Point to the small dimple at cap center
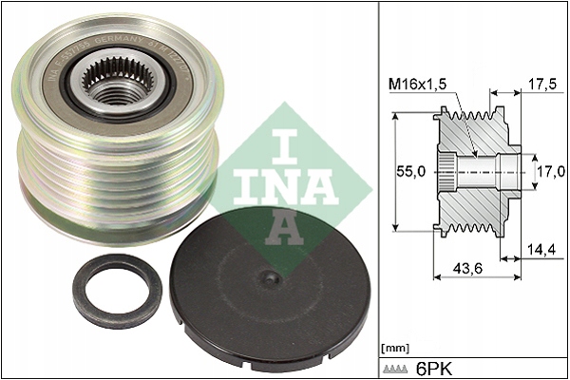271,278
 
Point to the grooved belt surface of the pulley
114,171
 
